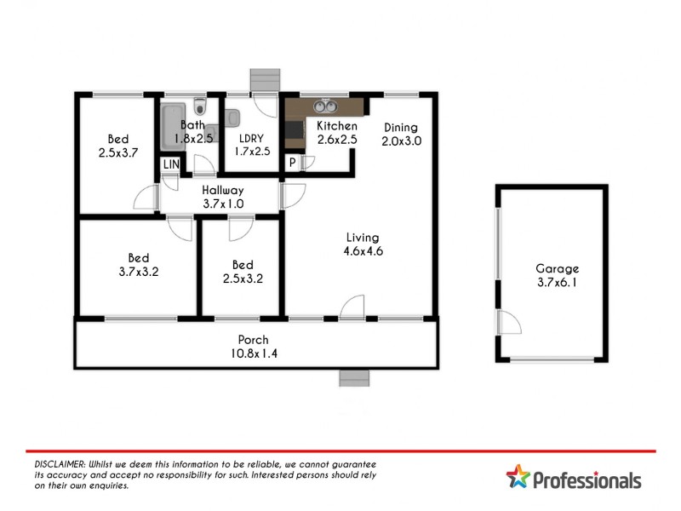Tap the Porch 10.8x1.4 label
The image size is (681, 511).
pos(254,345)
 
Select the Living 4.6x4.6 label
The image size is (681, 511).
pos(362,244)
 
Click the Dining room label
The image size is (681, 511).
pos(401,135)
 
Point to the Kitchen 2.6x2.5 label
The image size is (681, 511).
pos(337,133)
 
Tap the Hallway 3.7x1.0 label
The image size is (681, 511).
pos(223,198)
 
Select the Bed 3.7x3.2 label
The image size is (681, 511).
pos(139,265)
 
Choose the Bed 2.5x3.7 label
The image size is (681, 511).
pos(117,146)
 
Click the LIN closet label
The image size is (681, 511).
pos(171,164)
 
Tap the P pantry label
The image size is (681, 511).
pos(292,163)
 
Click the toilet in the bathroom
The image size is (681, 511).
pos(199,107)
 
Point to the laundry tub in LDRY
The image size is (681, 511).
pos(235,118)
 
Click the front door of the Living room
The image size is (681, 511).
pos(352,307)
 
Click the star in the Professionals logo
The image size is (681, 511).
pos(517,477)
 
